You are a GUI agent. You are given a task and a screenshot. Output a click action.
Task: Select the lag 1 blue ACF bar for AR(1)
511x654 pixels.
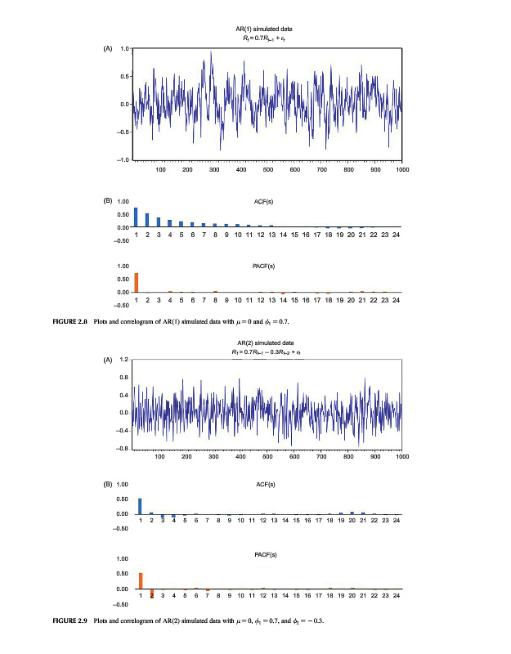coord(137,217)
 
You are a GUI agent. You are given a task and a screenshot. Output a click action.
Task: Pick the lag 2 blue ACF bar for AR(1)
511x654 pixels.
coord(147,220)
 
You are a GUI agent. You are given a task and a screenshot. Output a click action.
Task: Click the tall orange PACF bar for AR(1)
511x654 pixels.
coord(137,282)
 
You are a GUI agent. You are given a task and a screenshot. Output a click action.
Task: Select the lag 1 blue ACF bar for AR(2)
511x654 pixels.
coord(140,506)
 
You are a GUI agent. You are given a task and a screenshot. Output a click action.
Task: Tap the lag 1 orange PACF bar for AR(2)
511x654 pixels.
coord(140,580)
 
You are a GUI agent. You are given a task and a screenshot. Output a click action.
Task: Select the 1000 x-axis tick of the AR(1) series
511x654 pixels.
coord(401,169)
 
